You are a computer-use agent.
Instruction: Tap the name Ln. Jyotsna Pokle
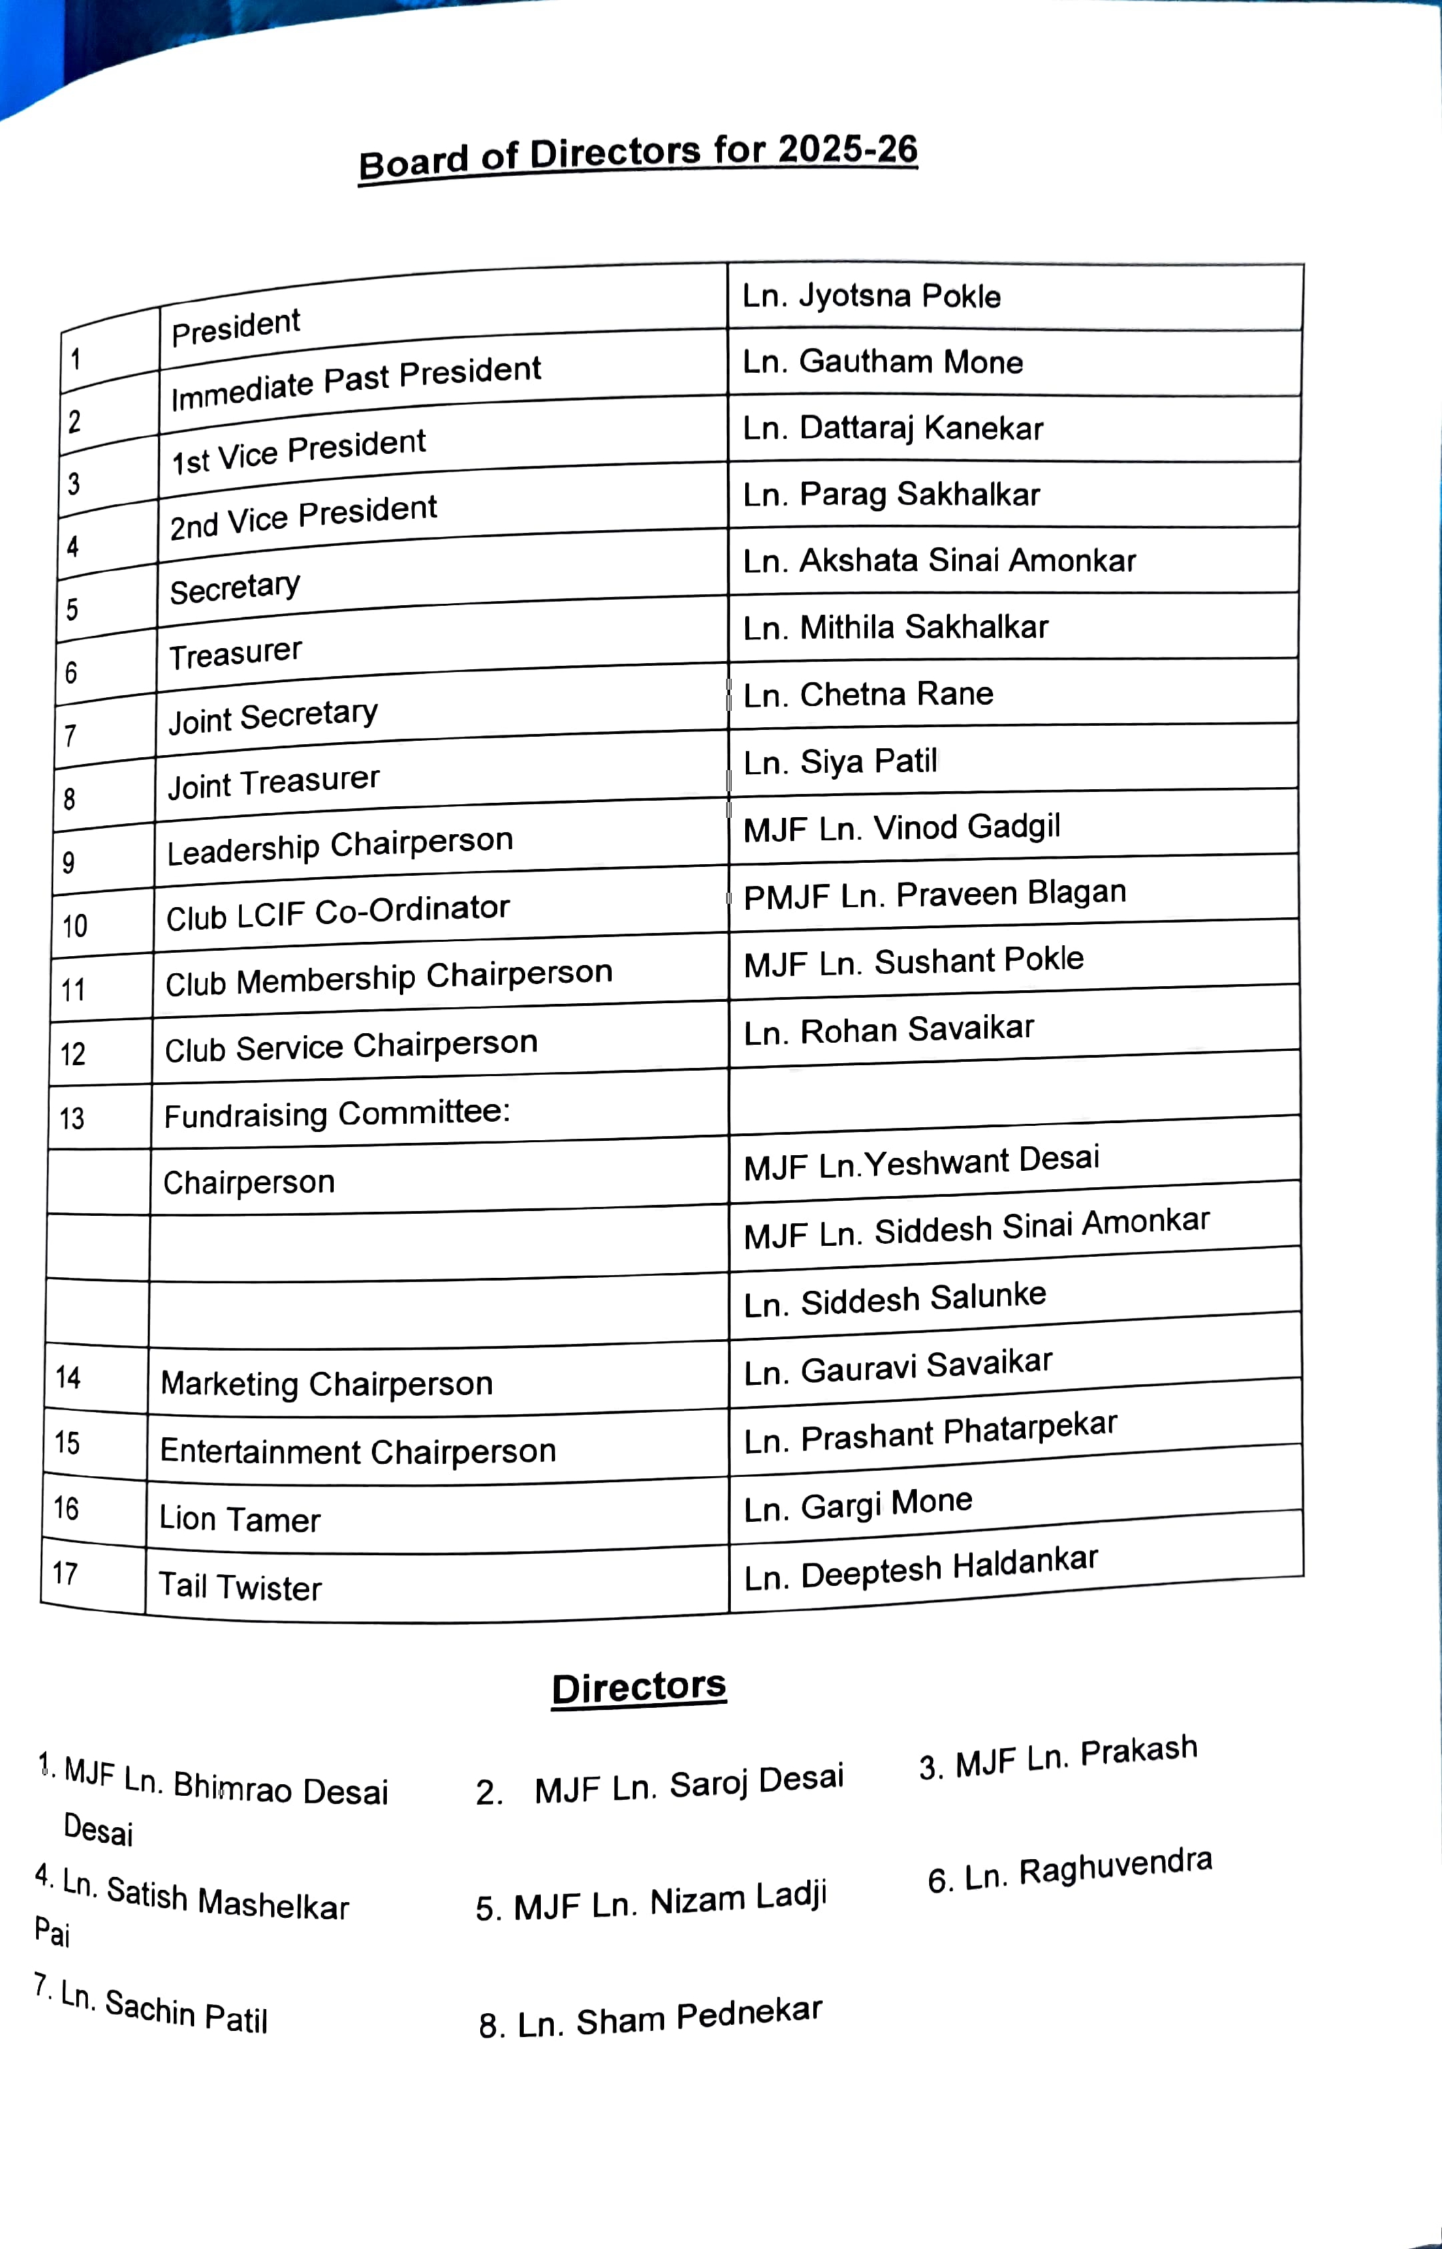[x=871, y=296]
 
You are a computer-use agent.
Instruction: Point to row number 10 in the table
[x=75, y=926]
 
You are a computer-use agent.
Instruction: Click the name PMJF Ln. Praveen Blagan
[x=934, y=895]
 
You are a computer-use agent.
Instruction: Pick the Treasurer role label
[x=235, y=653]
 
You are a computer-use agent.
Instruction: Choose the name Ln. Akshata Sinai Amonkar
[x=938, y=561]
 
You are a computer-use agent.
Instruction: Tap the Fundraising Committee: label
[x=336, y=1114]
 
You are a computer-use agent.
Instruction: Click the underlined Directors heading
[x=639, y=1687]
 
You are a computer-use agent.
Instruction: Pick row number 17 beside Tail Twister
[x=65, y=1573]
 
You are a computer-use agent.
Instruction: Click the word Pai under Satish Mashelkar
[x=52, y=1932]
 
